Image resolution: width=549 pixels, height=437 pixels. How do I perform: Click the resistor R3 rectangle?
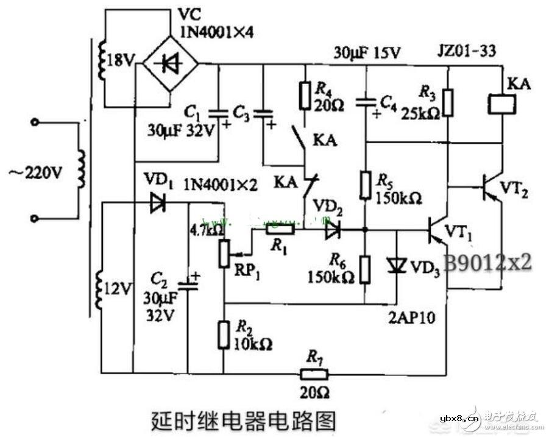(448, 102)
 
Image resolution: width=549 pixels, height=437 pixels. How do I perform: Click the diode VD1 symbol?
(158, 204)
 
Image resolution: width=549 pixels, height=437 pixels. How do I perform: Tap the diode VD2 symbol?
(332, 230)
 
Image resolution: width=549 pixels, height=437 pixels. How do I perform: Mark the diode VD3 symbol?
(396, 265)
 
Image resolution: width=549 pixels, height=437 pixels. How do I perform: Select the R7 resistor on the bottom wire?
(314, 374)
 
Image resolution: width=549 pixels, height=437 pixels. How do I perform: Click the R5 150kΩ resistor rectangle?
(365, 185)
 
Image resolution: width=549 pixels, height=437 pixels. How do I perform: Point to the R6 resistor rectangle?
(365, 269)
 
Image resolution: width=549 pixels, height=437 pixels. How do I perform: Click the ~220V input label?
(35, 173)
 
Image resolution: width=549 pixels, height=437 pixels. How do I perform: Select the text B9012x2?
(487, 263)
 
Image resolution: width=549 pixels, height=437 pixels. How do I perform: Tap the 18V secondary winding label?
(120, 60)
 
